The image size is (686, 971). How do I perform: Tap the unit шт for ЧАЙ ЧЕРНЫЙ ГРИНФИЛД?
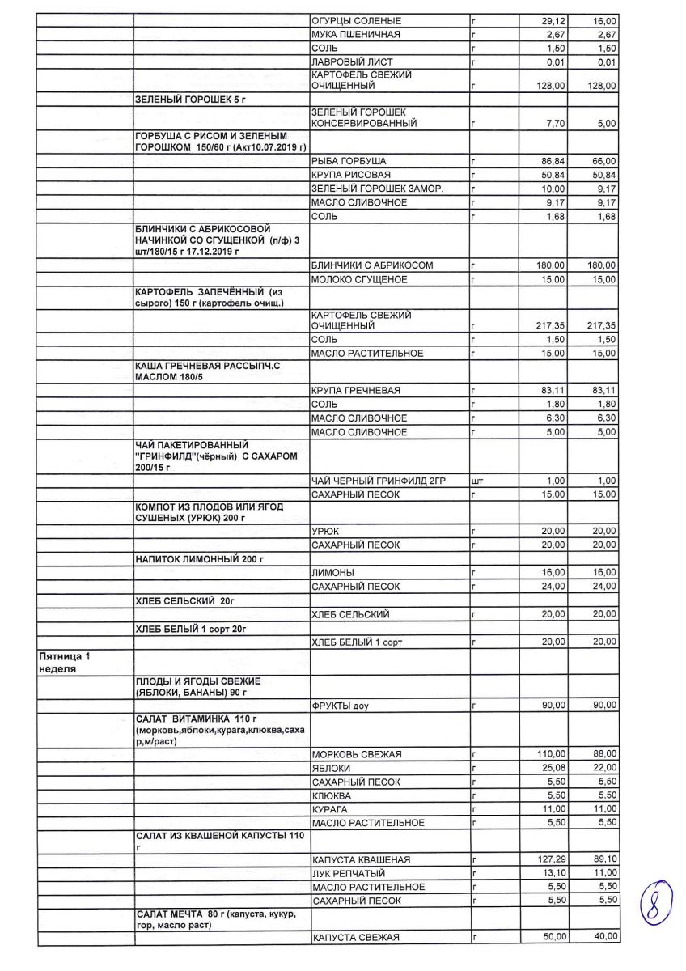click(476, 481)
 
